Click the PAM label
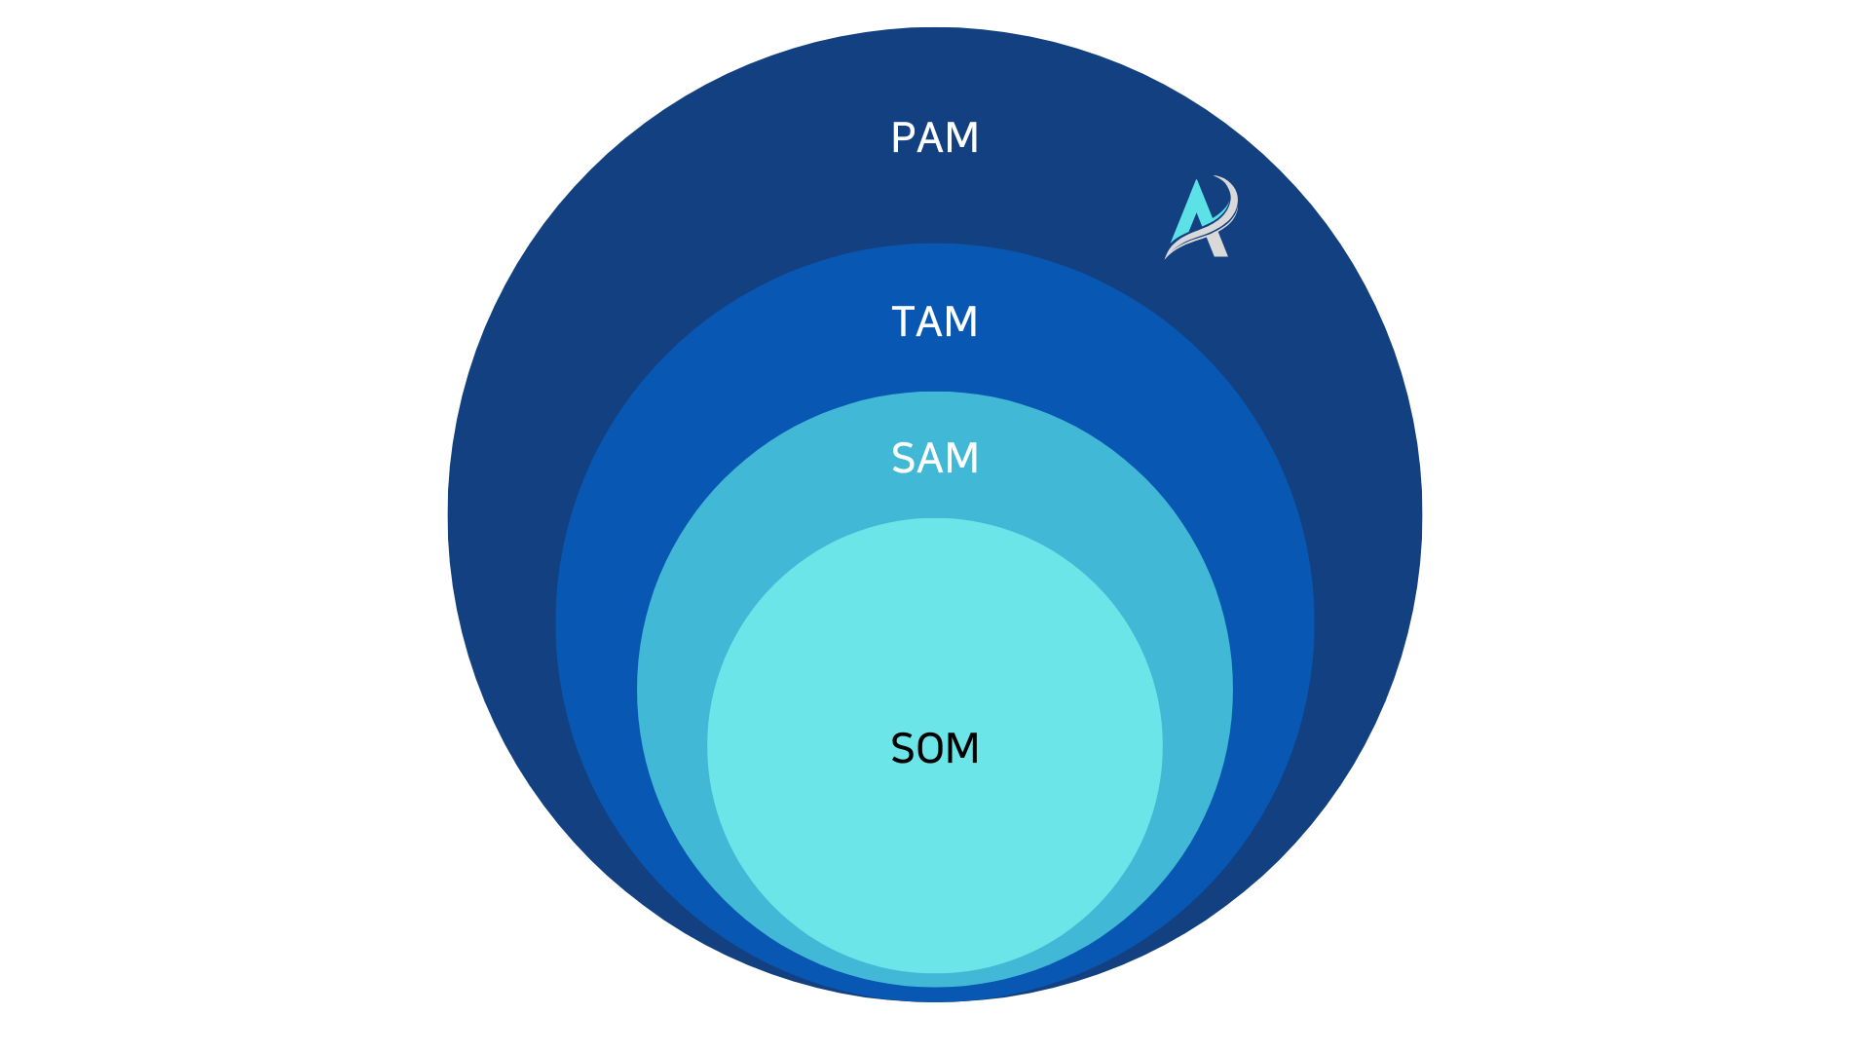tap(935, 138)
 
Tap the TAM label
tap(935, 322)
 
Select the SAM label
tap(935, 459)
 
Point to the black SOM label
tap(935, 749)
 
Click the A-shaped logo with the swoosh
tap(1202, 218)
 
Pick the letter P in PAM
tap(903, 138)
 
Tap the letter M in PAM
tap(962, 138)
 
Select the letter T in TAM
tap(903, 322)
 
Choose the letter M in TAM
tap(962, 322)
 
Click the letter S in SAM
tap(903, 459)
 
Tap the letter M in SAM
tap(962, 459)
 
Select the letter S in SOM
tap(903, 749)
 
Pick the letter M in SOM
tap(963, 749)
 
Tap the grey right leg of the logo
tap(1217, 245)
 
